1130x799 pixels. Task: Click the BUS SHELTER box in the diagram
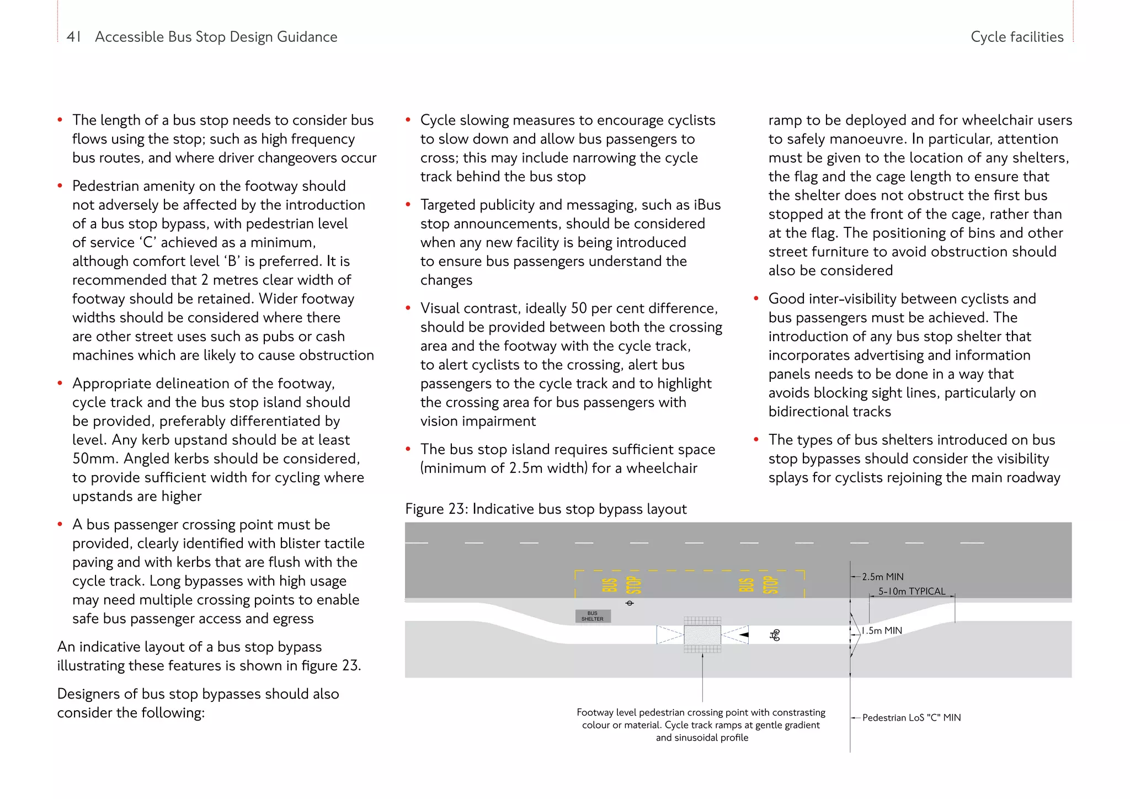pos(593,616)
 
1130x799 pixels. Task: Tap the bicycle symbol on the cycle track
pos(775,635)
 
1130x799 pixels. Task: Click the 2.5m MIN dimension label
pos(883,577)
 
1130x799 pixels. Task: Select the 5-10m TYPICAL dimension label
pos(912,591)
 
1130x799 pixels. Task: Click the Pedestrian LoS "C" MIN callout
pos(912,717)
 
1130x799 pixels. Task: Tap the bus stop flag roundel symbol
pos(630,603)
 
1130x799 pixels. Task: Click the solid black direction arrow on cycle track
pos(744,635)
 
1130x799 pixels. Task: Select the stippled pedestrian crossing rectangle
pos(702,635)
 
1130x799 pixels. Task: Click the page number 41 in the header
pos(73,37)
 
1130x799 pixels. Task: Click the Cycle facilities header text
pos(1017,37)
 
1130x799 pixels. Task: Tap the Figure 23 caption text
pos(546,509)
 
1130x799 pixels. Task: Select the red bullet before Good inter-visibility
pos(756,299)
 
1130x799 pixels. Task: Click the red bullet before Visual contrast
pos(408,308)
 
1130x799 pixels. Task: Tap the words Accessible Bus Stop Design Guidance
pos(216,37)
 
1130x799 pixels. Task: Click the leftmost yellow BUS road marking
pos(609,585)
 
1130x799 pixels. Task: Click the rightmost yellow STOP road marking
pos(771,585)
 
